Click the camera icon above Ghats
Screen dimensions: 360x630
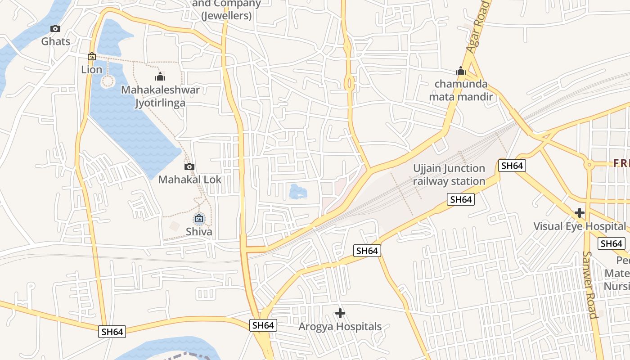click(55, 29)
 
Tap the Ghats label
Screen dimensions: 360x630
click(56, 41)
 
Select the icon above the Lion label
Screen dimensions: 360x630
click(92, 57)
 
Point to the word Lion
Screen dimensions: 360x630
click(92, 70)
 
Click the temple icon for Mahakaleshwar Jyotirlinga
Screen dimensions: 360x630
click(160, 76)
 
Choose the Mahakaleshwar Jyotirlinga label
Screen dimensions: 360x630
click(160, 96)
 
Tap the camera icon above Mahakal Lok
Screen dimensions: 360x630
click(189, 167)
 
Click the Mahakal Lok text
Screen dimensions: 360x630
click(190, 180)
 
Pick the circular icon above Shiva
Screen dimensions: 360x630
click(199, 219)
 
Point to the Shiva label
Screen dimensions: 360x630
click(199, 232)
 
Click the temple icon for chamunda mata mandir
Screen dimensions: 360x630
click(460, 71)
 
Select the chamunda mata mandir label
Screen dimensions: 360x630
click(461, 90)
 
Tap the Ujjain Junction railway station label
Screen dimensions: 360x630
click(449, 175)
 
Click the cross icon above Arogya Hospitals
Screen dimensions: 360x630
click(340, 313)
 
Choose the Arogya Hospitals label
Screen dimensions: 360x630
click(340, 327)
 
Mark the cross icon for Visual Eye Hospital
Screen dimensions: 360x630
click(580, 213)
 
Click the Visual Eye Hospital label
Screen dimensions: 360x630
click(580, 226)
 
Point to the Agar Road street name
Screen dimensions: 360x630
click(477, 27)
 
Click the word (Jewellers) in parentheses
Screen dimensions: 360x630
click(226, 16)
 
